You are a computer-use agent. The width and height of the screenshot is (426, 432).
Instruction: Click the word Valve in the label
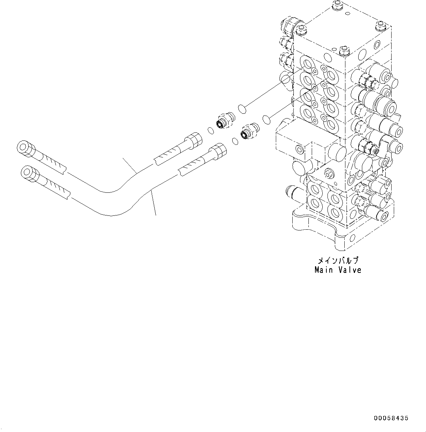(x=349, y=270)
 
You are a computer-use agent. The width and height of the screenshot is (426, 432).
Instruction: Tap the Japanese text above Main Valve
(x=337, y=261)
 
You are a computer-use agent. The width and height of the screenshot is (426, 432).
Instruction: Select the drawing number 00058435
(x=391, y=418)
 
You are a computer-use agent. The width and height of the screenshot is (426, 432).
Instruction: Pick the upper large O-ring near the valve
(x=241, y=108)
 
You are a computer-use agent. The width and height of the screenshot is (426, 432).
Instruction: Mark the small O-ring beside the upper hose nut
(x=210, y=130)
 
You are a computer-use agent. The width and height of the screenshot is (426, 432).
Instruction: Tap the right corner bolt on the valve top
(x=380, y=26)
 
